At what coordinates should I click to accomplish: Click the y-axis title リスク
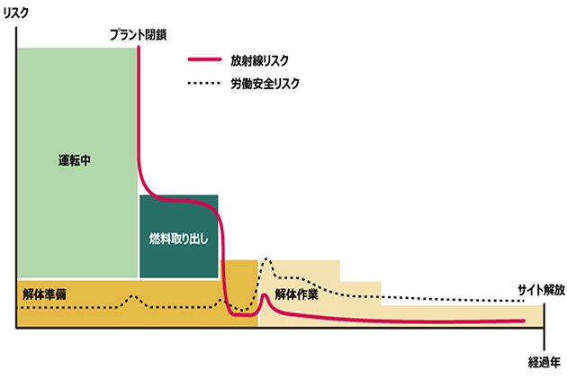[15, 14]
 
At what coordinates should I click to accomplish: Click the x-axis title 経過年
[544, 362]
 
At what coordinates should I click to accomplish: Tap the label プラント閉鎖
[138, 35]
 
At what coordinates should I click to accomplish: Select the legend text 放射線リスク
[259, 60]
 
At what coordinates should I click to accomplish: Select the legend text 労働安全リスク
[265, 84]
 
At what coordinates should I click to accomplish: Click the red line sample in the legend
[204, 59]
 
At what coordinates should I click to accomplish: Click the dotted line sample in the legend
[204, 83]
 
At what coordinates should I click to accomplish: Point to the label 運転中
[75, 160]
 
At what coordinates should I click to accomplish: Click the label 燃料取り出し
[178, 239]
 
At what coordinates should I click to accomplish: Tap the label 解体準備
[44, 294]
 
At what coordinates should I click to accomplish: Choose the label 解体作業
[296, 294]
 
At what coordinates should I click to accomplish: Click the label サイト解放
[541, 290]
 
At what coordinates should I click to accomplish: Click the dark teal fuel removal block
[178, 236]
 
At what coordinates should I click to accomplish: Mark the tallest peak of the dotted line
[267, 258]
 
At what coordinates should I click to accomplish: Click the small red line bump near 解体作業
[265, 294]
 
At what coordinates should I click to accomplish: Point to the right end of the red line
[524, 321]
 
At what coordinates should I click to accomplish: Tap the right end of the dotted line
[523, 301]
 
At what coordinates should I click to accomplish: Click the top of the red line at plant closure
[139, 47]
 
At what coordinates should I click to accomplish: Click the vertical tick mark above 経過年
[544, 328]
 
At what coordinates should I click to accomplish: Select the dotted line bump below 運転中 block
[132, 296]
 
